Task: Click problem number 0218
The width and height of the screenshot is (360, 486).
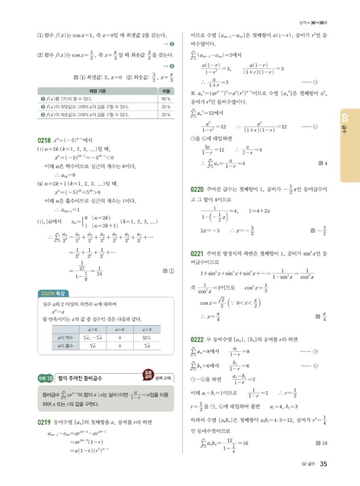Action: point(44,140)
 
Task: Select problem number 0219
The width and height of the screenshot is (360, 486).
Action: point(44,421)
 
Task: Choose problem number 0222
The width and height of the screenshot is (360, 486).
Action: point(196,339)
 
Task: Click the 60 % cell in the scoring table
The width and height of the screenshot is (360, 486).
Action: point(166,99)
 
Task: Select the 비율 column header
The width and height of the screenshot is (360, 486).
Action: point(166,91)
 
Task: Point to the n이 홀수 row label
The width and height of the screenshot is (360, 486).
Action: point(61,346)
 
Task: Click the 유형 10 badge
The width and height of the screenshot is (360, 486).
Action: point(46,378)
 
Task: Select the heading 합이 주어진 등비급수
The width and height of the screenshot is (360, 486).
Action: point(79,378)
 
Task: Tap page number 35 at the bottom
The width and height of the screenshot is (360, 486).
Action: point(323,464)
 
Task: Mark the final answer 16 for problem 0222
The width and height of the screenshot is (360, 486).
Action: point(324,443)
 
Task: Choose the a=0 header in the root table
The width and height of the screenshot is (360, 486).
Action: point(120,328)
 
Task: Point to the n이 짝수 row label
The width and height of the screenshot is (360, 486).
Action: point(61,337)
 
